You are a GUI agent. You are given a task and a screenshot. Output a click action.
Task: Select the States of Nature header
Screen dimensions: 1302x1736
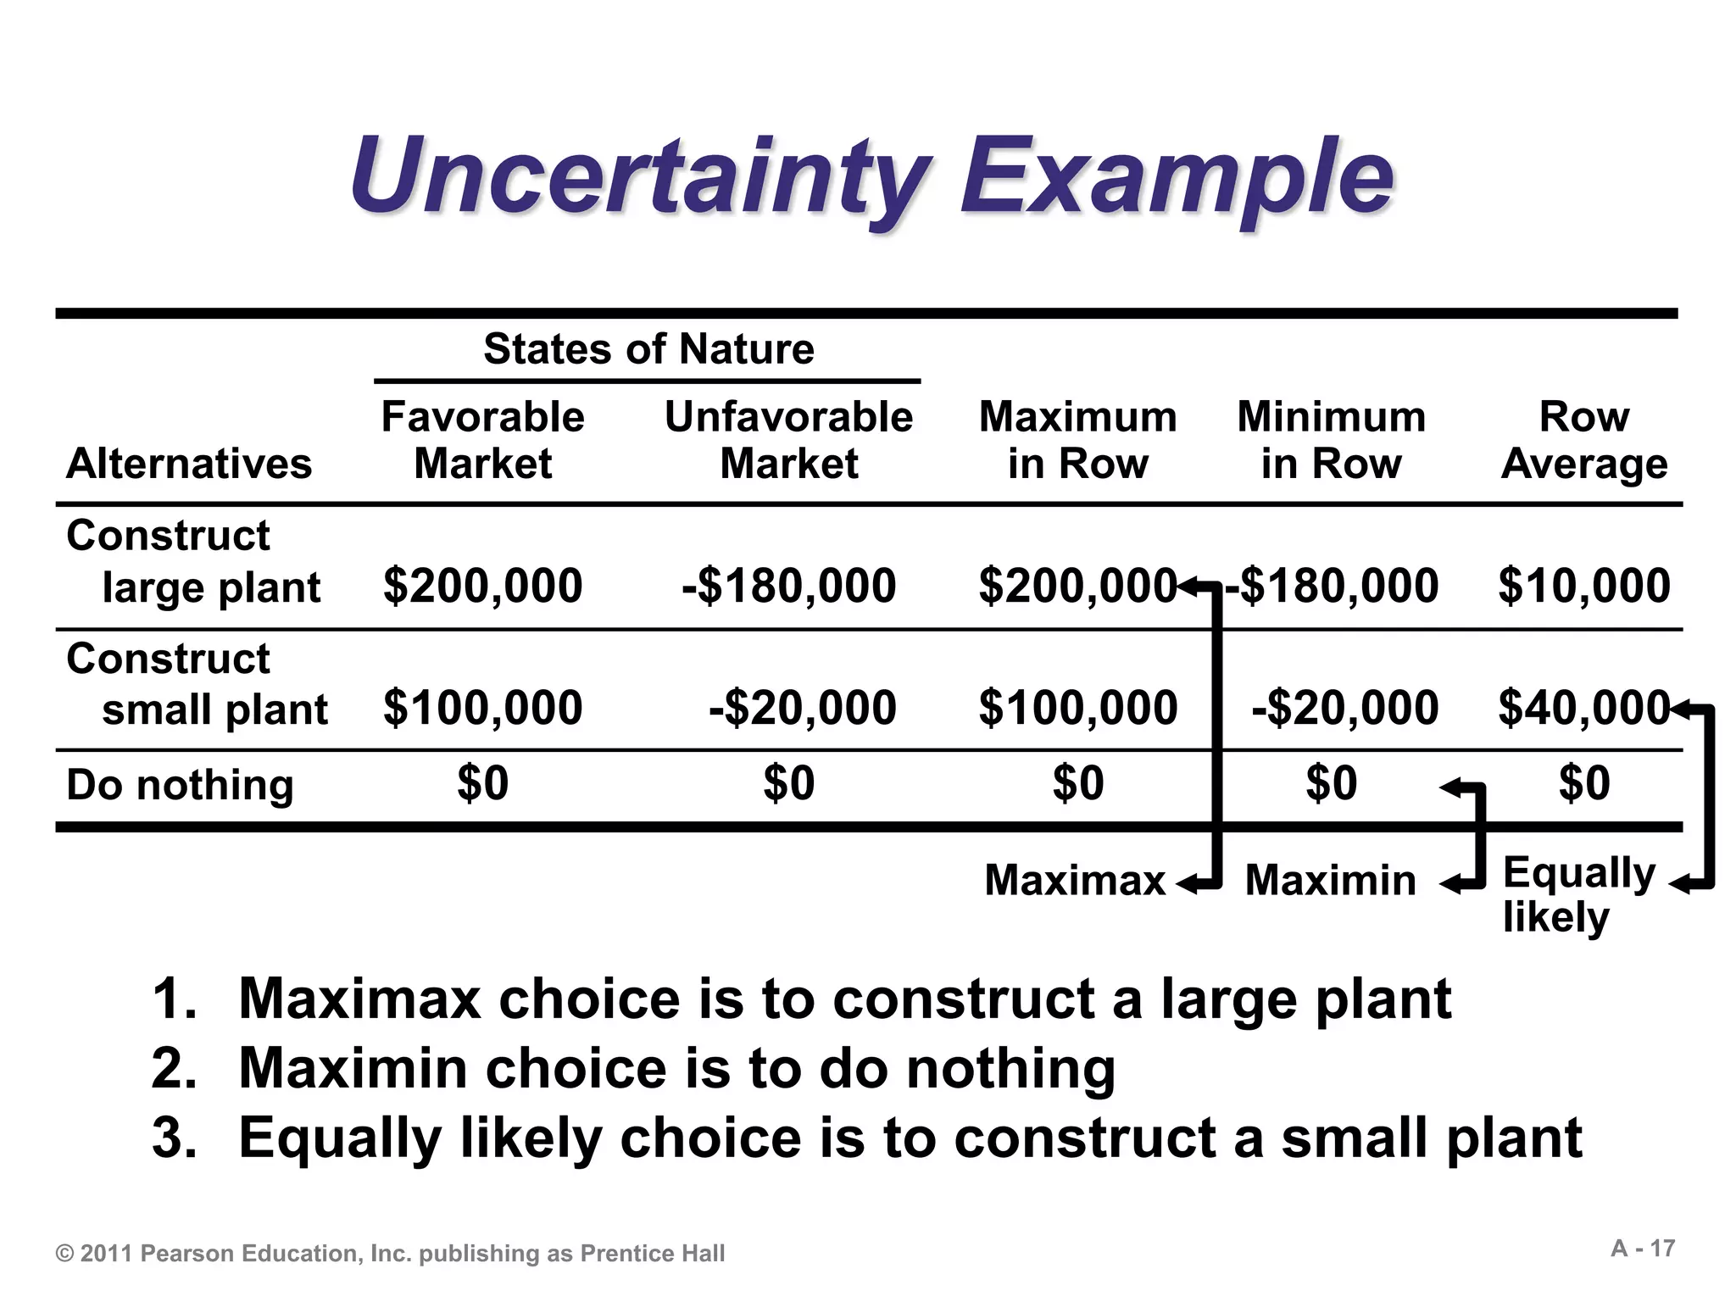648,348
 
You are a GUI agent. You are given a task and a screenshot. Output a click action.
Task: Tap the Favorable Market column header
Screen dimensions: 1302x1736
482,440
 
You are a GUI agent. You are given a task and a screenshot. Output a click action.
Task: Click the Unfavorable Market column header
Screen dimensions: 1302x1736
788,440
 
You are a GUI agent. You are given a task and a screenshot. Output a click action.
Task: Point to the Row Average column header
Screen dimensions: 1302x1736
1583,440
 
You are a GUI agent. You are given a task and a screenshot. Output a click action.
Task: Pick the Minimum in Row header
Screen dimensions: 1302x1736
1331,440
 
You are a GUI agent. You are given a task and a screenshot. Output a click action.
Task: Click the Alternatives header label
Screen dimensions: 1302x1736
189,464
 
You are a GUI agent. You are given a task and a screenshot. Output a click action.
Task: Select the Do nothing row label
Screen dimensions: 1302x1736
180,784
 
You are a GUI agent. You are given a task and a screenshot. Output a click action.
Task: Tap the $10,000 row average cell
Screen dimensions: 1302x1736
1583,586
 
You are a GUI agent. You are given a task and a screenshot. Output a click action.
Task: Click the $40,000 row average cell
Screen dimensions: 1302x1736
1582,708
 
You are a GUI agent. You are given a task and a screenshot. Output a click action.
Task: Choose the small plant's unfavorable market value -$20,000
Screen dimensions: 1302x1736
802,708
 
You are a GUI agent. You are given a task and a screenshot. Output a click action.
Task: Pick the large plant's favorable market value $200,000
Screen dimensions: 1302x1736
482,586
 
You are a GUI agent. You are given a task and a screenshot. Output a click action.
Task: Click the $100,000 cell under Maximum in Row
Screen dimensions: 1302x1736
1077,708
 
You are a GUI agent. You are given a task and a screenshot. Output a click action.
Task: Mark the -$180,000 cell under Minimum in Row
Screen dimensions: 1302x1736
1336,586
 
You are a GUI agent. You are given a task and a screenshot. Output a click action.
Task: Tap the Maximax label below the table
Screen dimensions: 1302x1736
1074,880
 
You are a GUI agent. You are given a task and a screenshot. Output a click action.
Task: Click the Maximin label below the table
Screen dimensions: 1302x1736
1330,880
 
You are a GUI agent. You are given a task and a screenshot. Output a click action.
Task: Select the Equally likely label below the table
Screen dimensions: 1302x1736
1577,894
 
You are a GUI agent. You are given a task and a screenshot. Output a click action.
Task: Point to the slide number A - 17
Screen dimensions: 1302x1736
1642,1249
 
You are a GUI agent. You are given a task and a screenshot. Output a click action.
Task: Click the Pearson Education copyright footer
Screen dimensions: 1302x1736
390,1254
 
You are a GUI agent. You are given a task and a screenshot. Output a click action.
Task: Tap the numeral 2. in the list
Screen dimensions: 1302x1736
175,1068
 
